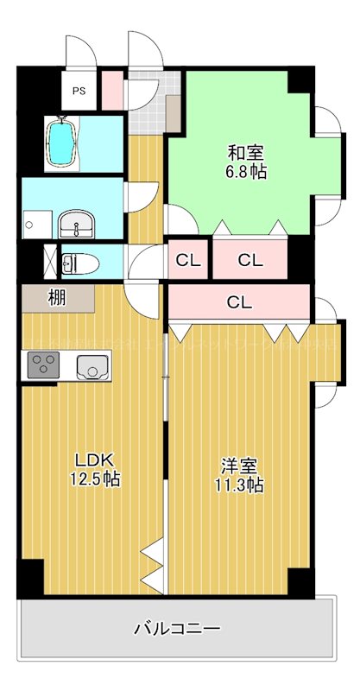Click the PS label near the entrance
pos(79,90)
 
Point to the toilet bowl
pos(79,262)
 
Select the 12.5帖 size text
pos(95,479)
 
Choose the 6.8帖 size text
pos(247,171)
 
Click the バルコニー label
pos(176,628)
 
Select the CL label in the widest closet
pos(239,302)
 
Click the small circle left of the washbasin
pos(29,225)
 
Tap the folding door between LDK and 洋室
pos(154,566)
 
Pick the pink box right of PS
pos(112,88)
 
